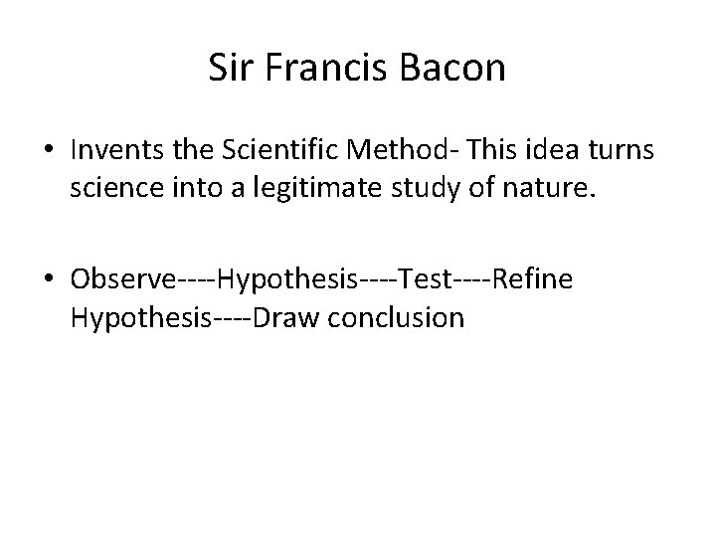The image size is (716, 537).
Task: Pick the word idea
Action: pyautogui.click(x=544, y=149)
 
